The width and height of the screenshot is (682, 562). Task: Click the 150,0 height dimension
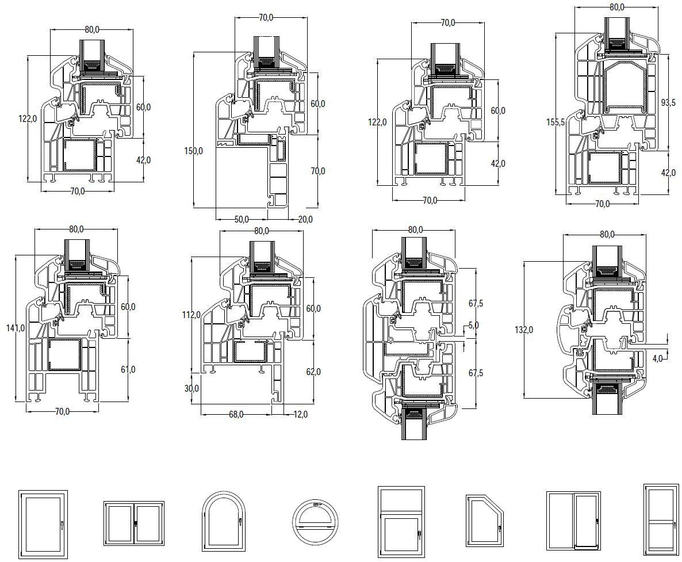click(194, 151)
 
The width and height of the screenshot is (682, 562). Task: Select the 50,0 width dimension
click(242, 219)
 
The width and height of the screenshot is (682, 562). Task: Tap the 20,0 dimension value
click(305, 220)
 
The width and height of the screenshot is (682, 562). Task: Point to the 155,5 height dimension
click(555, 122)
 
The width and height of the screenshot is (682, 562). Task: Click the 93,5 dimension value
click(668, 102)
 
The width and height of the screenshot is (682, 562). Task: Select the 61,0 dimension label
click(128, 369)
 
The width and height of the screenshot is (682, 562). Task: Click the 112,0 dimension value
click(191, 315)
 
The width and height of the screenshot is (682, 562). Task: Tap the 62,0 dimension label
click(313, 372)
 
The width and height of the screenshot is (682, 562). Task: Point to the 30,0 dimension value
click(191, 388)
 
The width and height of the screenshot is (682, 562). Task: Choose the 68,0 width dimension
click(236, 415)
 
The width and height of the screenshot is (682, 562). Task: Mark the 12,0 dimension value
click(300, 415)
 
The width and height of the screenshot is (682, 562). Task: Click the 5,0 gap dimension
click(474, 325)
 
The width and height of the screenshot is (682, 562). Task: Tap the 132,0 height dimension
click(524, 330)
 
